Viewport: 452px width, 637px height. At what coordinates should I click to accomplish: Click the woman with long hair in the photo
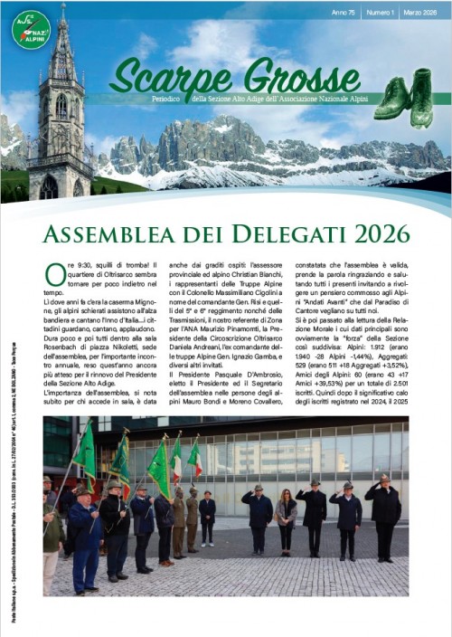286,526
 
